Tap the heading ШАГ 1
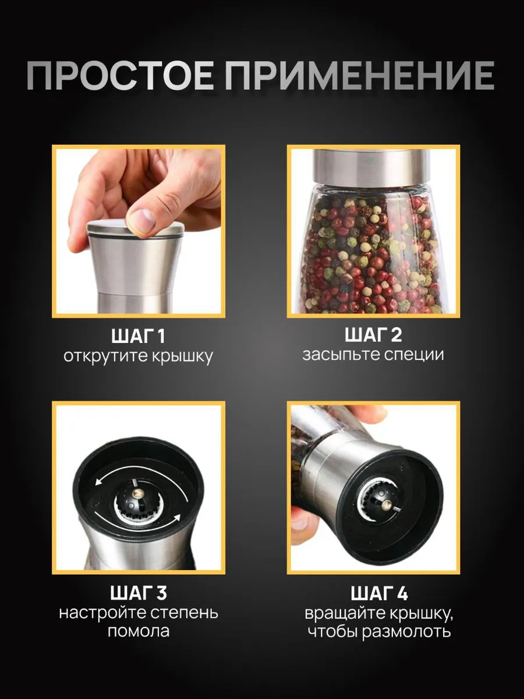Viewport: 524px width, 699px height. (139, 337)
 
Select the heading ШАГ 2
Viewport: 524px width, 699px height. (373, 335)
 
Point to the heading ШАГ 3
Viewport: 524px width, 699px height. (139, 593)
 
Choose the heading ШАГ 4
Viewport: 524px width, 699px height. (379, 594)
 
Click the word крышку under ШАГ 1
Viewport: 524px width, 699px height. (182, 357)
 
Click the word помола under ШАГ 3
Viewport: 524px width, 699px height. (139, 632)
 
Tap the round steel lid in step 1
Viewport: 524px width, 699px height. (136, 230)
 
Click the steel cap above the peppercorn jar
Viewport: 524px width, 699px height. (371, 167)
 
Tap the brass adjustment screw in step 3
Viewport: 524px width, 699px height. (139, 493)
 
